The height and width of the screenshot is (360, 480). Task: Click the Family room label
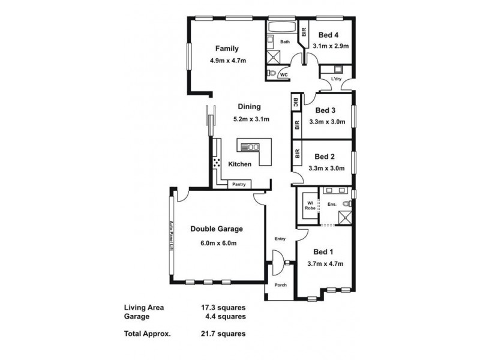click(227, 49)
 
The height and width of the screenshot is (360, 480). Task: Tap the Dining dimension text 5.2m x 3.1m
click(248, 119)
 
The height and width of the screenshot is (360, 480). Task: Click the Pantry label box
click(239, 184)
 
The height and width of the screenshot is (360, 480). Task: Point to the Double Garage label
click(217, 229)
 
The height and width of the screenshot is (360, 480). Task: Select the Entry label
click(280, 239)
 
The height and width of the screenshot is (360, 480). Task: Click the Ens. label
click(331, 204)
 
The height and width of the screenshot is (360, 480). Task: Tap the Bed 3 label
click(325, 110)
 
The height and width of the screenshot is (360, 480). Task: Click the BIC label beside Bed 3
click(296, 103)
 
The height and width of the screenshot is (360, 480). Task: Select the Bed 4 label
click(328, 34)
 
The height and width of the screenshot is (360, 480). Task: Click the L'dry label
click(335, 79)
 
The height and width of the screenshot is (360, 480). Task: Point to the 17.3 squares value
click(223, 307)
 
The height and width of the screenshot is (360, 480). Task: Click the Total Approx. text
click(148, 334)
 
